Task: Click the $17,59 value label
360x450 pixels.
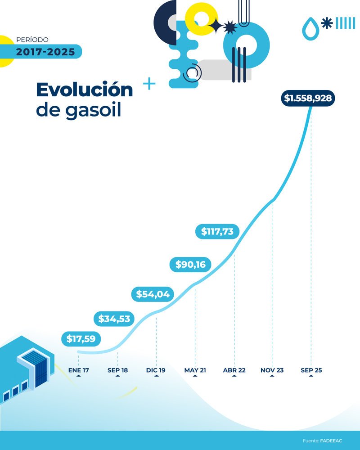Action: click(81, 339)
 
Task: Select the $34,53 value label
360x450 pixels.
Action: click(114, 319)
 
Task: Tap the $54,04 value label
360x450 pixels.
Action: click(153, 294)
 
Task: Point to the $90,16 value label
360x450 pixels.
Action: click(190, 265)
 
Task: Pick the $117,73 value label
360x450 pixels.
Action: click(217, 231)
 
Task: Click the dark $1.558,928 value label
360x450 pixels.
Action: click(308, 98)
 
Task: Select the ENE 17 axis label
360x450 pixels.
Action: click(79, 370)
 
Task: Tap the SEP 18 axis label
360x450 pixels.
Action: click(117, 370)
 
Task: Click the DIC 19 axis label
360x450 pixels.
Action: click(156, 370)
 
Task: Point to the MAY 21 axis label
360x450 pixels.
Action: click(195, 370)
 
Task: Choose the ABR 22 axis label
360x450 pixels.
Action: click(234, 370)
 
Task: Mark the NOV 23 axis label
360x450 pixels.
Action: click(272, 370)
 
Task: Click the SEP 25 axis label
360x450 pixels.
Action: click(311, 370)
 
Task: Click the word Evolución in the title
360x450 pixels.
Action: click(85, 90)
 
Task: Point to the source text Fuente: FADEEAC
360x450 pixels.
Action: click(322, 441)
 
